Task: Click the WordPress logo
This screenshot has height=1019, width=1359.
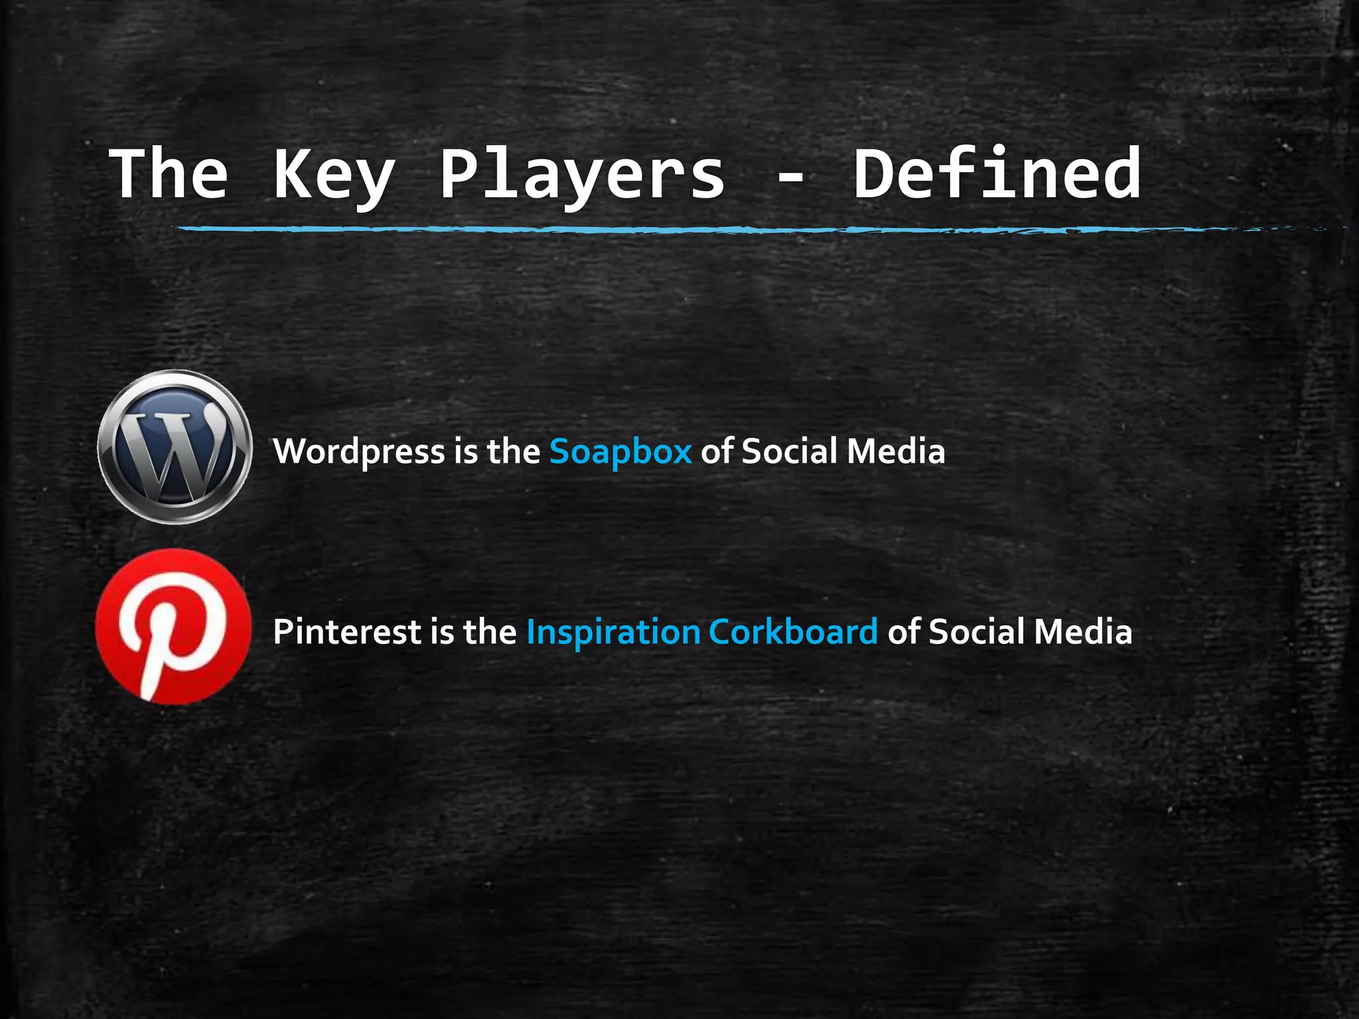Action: tap(175, 446)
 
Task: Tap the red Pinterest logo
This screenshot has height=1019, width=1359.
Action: tap(173, 626)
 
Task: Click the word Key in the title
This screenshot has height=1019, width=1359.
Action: tap(333, 174)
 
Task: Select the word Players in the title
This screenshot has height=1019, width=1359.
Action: tap(582, 174)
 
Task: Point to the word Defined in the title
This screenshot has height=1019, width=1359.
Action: tap(997, 173)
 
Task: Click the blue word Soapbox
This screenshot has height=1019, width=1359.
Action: tap(620, 452)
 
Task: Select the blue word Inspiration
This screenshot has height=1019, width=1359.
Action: tap(612, 632)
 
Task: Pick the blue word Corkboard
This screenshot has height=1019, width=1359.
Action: tap(793, 632)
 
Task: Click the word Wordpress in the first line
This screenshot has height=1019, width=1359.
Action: tap(359, 452)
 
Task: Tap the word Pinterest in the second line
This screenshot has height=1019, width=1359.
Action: tap(347, 632)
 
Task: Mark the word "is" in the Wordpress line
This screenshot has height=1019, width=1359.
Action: tap(466, 452)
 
